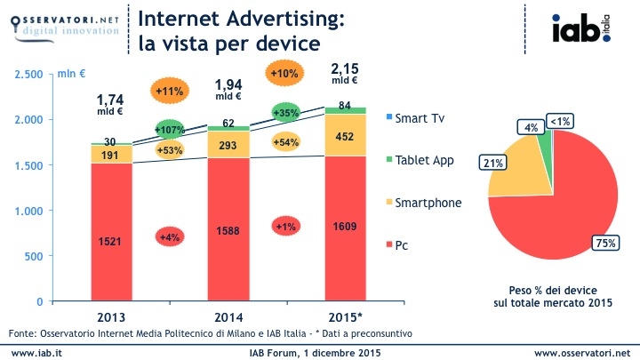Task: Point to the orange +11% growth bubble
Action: tap(168, 91)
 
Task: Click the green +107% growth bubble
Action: tap(169, 130)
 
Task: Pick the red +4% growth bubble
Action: tap(169, 236)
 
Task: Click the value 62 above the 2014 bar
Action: tap(228, 123)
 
